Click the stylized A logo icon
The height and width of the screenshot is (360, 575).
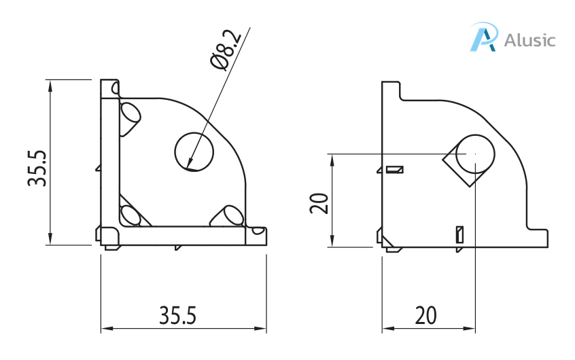[484, 37]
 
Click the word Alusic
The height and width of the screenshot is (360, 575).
[530, 39]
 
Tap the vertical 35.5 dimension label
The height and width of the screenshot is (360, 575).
[37, 168]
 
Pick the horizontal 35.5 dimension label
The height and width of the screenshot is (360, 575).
[177, 315]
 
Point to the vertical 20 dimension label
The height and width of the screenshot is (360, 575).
[319, 202]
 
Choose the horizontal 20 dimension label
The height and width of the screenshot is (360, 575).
[425, 315]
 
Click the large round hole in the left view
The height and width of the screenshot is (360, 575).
[194, 150]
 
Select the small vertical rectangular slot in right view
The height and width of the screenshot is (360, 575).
[459, 234]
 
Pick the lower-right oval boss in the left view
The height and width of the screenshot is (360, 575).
[228, 216]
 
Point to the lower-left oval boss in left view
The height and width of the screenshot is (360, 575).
[130, 215]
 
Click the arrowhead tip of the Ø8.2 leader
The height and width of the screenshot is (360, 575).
[189, 167]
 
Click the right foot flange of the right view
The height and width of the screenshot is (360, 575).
[537, 238]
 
